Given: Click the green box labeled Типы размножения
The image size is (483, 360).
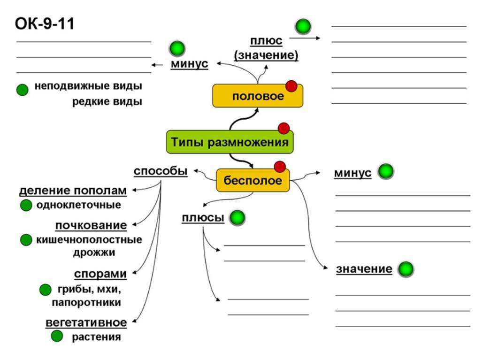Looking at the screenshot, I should [230, 142].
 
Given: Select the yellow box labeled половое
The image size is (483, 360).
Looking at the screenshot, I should [258, 96].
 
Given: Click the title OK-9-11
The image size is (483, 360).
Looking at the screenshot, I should [45, 23].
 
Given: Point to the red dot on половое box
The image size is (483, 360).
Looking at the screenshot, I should [291, 85].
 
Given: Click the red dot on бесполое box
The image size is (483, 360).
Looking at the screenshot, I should [280, 167].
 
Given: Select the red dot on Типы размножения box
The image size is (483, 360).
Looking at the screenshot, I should [284, 128].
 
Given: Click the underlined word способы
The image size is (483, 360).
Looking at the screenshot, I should [161, 171].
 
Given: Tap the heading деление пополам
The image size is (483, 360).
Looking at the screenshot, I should [73, 191].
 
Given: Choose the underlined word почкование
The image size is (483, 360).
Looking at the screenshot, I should [91, 226].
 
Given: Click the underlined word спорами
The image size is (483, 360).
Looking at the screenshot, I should [100, 274].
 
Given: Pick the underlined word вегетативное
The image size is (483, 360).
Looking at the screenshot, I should [86, 323].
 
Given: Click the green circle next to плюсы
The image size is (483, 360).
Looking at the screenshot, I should [238, 218].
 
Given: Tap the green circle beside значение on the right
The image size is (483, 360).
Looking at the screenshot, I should [406, 269].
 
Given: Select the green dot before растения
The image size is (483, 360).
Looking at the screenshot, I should [57, 336].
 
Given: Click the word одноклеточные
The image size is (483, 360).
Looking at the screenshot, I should [78, 205].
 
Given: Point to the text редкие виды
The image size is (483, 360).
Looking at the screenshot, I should [107, 102].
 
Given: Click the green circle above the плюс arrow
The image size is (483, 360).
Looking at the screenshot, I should [303, 26].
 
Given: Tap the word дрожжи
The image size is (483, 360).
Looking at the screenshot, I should [100, 253].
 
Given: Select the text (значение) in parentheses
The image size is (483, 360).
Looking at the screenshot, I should [266, 55].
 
